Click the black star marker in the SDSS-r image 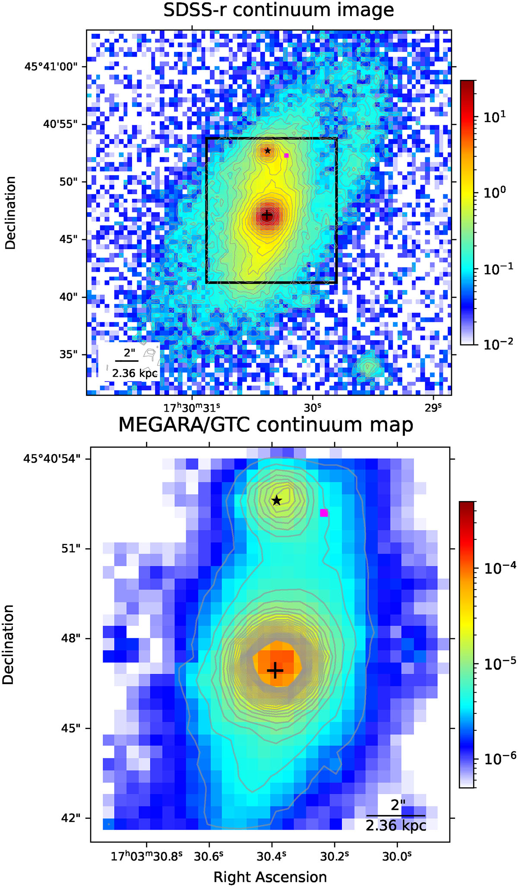268,151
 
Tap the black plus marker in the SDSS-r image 267,215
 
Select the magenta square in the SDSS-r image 286,155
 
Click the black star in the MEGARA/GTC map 277,500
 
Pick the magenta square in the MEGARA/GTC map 324,513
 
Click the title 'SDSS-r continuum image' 278,10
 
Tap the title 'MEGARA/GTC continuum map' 266,425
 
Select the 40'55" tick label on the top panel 60,124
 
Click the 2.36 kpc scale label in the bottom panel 396,825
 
